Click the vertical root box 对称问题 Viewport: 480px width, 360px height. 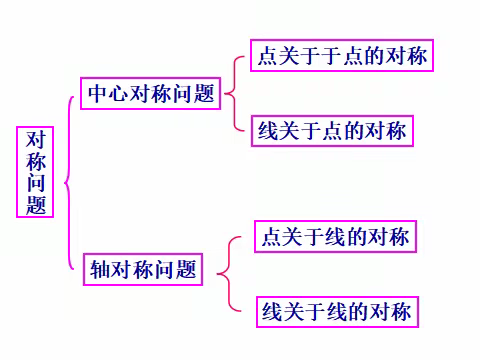[x=37, y=172]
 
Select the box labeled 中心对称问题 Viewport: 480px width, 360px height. [x=151, y=93]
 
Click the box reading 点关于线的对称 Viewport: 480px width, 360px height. [x=334, y=238]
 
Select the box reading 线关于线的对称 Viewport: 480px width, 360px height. [x=334, y=311]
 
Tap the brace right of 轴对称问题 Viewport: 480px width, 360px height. [x=224, y=272]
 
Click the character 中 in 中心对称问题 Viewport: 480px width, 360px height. [x=98, y=93]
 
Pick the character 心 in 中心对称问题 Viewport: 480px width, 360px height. [x=119, y=93]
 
